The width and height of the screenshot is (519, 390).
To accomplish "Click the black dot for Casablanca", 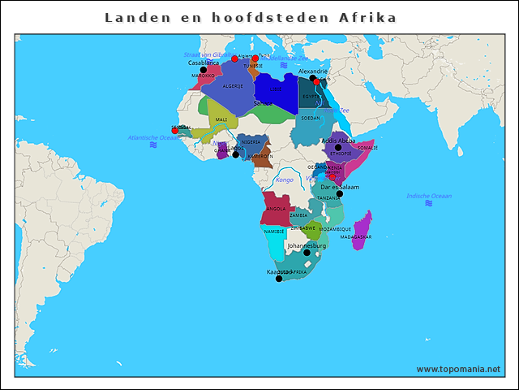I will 203,70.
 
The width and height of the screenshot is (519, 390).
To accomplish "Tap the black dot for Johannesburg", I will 307,253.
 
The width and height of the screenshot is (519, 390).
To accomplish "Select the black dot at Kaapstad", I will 279,279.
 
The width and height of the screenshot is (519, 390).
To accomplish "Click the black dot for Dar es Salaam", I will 340,193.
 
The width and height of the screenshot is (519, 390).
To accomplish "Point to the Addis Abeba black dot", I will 338,147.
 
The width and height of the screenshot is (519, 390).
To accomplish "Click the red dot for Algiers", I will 234,59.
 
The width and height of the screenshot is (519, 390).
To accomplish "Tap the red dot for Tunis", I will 255,58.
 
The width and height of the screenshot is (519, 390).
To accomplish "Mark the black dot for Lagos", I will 235,154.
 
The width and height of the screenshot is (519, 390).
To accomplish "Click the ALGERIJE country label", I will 233,86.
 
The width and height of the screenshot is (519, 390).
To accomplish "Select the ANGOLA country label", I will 276,209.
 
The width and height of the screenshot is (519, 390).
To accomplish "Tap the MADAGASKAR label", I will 356,236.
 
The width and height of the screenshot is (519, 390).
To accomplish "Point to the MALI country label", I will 221,119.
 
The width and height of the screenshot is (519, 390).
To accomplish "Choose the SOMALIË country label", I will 367,148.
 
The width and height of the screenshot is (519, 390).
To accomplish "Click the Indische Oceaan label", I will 429,196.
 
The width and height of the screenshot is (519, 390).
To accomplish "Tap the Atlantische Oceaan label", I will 153,137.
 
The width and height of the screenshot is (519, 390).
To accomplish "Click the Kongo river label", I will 284,180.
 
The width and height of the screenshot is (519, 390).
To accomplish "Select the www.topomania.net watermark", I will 458,369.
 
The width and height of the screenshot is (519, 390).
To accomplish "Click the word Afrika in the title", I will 367,17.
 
